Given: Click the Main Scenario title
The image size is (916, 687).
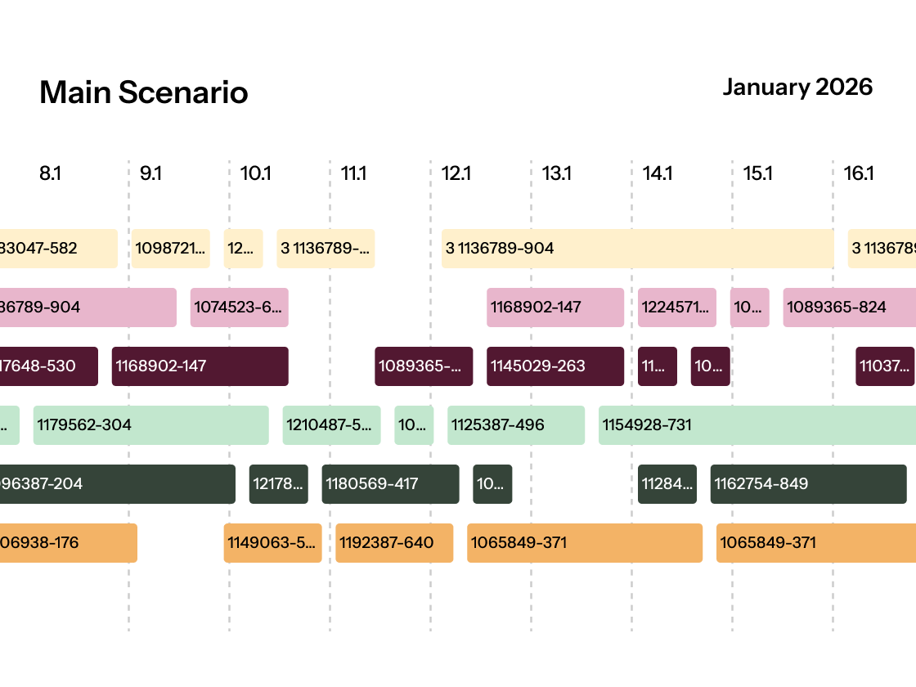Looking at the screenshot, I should [143, 92].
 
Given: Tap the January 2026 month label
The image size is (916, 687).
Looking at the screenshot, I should [797, 87].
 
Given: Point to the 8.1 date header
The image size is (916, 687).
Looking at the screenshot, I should [50, 173].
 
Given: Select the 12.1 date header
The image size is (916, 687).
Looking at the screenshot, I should [456, 173].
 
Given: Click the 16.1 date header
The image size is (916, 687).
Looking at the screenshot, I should [859, 173].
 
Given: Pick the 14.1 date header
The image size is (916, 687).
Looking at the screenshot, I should [658, 173].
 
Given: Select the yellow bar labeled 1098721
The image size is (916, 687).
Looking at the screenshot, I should [171, 249].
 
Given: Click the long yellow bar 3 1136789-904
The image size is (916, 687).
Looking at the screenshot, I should [637, 249].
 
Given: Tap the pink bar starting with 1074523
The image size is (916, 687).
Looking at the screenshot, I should [239, 308].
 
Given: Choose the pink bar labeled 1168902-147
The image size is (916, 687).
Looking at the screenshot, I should [555, 308].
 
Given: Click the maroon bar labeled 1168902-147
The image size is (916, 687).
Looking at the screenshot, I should [200, 366].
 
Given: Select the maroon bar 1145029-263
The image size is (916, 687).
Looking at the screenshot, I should [555, 366].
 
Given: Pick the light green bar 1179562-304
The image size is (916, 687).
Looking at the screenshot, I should [150, 425].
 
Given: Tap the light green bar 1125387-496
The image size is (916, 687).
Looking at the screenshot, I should [515, 425].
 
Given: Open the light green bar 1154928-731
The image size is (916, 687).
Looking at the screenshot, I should [757, 425].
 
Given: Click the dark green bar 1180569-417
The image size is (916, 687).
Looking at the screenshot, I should [390, 484].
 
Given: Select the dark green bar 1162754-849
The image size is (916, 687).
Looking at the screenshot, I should [808, 484].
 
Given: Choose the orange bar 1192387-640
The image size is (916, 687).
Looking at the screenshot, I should [393, 543].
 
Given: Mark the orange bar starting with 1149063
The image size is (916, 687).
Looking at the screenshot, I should [272, 543].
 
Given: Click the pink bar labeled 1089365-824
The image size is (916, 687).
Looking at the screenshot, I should [849, 308].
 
